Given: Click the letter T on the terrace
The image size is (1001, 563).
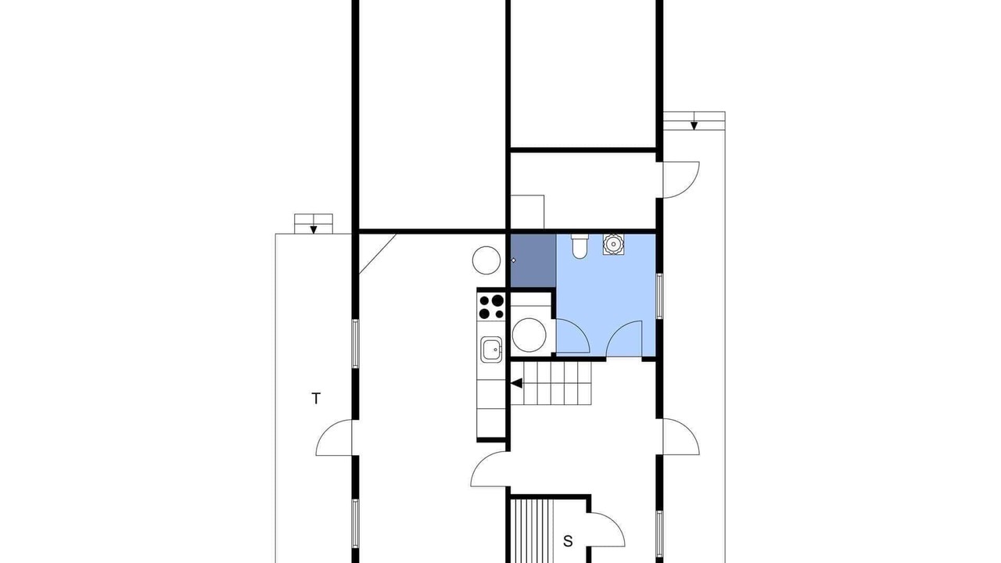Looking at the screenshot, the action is [316, 398].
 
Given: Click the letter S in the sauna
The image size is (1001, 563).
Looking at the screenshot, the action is [568, 541].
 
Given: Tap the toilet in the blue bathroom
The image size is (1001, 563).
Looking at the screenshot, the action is [579, 246].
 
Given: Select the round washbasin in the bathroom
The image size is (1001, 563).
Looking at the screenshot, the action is [614, 244].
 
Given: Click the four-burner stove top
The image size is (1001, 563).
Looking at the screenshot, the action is [491, 307].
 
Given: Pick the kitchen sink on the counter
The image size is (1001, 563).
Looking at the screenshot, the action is [491, 350].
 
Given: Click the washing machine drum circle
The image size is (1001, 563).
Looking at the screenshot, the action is [529, 335].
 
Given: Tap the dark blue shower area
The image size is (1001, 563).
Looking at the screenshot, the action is [533, 261].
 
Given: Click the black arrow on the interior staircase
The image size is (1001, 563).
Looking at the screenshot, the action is [517, 383].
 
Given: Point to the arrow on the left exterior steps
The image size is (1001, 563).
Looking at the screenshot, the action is [314, 230].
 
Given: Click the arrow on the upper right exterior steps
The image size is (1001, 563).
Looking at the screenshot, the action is [694, 126].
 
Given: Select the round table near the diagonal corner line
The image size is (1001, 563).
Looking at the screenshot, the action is [486, 260].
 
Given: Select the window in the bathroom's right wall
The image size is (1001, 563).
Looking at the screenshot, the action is [659, 296].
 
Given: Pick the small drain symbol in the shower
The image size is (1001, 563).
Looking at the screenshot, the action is [514, 260].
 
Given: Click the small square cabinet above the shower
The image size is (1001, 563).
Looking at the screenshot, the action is [527, 212].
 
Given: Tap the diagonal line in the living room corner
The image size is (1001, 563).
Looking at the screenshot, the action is [378, 254].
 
